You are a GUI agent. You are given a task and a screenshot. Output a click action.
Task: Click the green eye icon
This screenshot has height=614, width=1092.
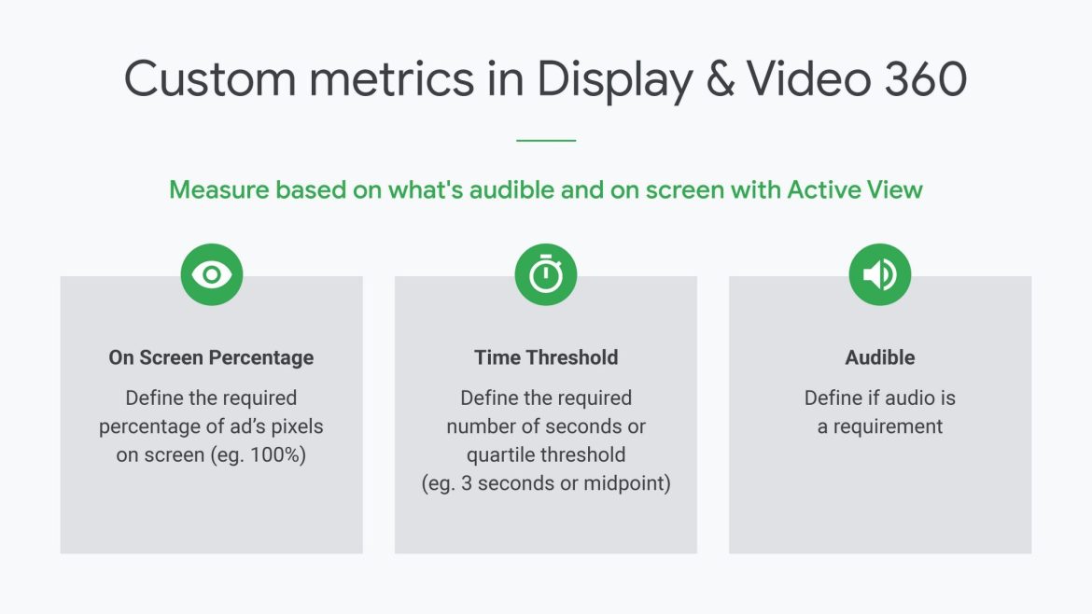coord(212,274)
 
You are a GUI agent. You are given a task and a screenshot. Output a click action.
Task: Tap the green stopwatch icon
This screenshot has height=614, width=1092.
coord(546,274)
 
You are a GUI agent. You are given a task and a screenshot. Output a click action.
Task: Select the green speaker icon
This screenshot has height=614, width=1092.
coord(879,274)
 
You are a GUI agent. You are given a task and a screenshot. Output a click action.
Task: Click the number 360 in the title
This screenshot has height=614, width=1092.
coord(926,78)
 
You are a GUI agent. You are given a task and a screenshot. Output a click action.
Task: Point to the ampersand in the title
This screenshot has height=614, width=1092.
coord(721,78)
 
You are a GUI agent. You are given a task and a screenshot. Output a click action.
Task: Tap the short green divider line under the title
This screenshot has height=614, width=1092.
coord(546,141)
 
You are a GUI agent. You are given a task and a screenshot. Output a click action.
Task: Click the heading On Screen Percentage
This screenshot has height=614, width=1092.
coord(211,357)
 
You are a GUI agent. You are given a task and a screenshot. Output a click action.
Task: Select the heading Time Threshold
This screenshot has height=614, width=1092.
coord(546,357)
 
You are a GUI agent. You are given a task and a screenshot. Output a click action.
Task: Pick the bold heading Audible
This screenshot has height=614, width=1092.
coord(879,357)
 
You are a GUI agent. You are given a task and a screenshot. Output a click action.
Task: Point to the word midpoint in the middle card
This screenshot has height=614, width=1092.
coord(623,483)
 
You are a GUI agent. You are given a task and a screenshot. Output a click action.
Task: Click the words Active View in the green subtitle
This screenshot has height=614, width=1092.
coord(855,189)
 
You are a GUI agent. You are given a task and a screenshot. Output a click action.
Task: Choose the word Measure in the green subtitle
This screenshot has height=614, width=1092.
coord(219,189)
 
